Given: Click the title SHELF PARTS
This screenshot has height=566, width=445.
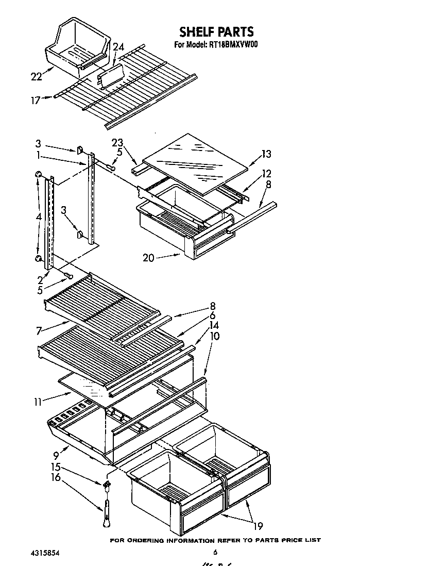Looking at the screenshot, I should click(x=216, y=32).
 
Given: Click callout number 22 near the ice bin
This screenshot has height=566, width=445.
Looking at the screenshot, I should click(x=36, y=76).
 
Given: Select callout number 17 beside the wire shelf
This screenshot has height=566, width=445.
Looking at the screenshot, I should click(x=35, y=101).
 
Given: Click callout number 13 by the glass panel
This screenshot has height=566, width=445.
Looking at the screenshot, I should click(x=266, y=154).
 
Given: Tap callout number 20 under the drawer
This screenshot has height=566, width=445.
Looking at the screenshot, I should click(x=148, y=258).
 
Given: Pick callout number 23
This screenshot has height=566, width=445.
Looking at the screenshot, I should click(x=118, y=144).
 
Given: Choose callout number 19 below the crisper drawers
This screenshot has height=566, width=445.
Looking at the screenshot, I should click(x=258, y=526).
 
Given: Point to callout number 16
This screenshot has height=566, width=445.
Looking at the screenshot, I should click(x=55, y=477).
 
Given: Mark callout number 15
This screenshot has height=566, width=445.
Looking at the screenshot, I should click(x=55, y=467).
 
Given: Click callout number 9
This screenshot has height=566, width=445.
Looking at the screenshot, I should click(x=56, y=456).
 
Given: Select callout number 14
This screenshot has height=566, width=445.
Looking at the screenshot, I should click(x=214, y=325).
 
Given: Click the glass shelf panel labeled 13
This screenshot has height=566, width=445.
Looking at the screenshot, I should click(x=196, y=162).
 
